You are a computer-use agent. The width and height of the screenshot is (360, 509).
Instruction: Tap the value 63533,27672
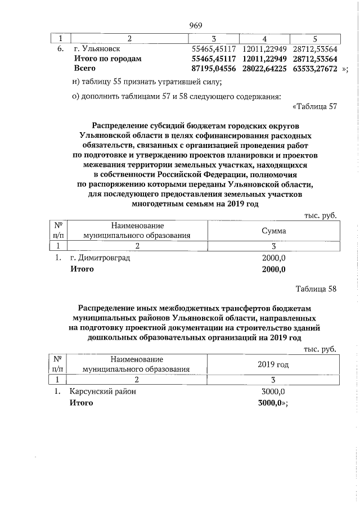(x=314, y=68)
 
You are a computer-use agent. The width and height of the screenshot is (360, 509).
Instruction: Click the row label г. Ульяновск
(x=93, y=49)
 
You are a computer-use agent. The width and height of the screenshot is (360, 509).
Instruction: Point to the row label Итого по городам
(x=108, y=58)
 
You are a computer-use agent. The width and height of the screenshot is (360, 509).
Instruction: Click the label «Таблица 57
(x=314, y=107)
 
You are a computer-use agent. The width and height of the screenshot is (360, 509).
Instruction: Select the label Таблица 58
(x=316, y=289)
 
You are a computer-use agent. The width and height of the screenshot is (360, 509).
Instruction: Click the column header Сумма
(x=274, y=231)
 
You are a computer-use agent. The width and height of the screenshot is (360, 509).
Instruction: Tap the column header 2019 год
(x=273, y=365)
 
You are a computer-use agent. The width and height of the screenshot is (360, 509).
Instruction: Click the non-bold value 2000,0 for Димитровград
(x=274, y=258)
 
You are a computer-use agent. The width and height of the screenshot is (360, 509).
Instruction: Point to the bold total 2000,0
(x=274, y=269)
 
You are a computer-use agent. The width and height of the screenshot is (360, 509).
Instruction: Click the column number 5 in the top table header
(x=315, y=38)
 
